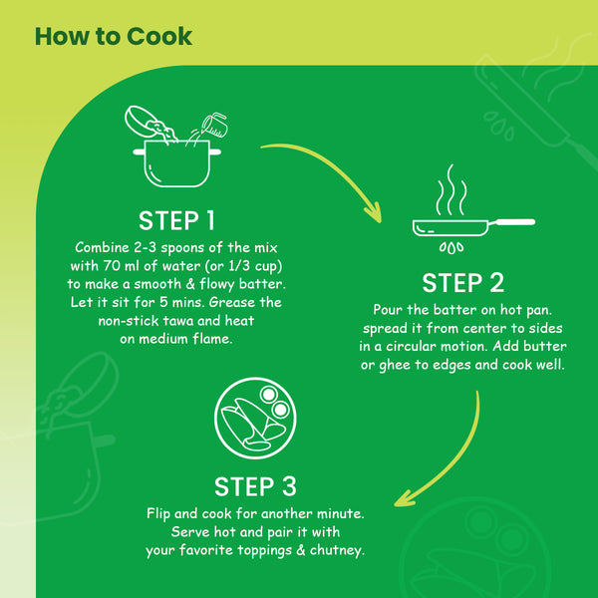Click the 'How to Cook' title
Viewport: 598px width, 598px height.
(x=113, y=37)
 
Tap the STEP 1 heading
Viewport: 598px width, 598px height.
(x=176, y=220)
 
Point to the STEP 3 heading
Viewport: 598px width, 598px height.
(x=255, y=486)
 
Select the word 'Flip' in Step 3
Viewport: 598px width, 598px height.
(x=162, y=513)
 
